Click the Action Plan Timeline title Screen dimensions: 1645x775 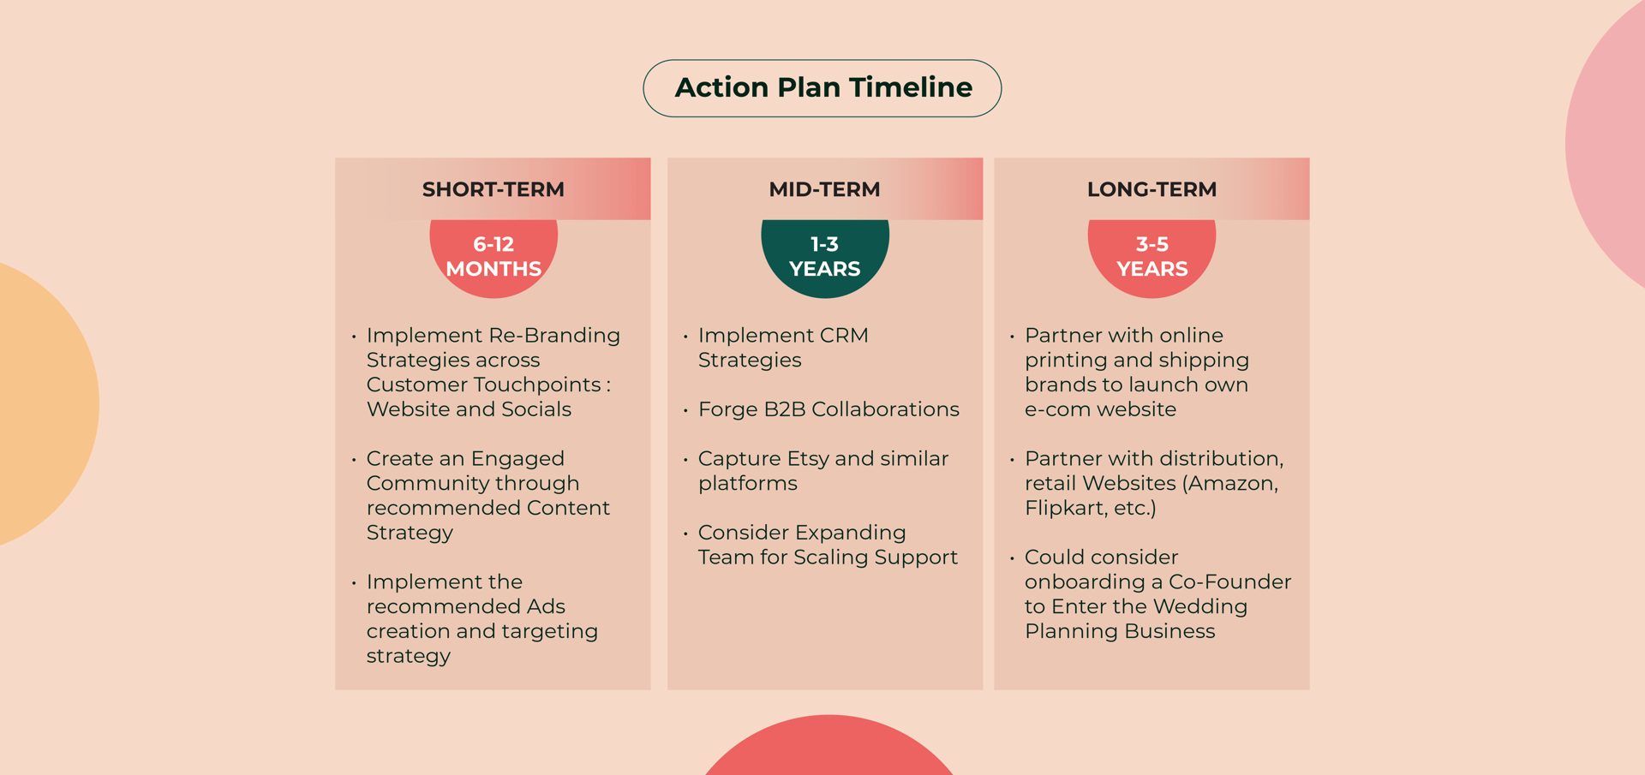[823, 87]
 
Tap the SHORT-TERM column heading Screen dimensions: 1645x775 [493, 189]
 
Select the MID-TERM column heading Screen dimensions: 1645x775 [824, 189]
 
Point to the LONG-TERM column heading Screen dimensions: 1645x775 [1151, 189]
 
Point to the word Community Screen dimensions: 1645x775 [473, 484]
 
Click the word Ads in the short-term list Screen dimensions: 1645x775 [546, 606]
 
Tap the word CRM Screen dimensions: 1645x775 [844, 336]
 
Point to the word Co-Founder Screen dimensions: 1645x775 [1230, 582]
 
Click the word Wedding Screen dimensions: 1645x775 [1200, 606]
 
